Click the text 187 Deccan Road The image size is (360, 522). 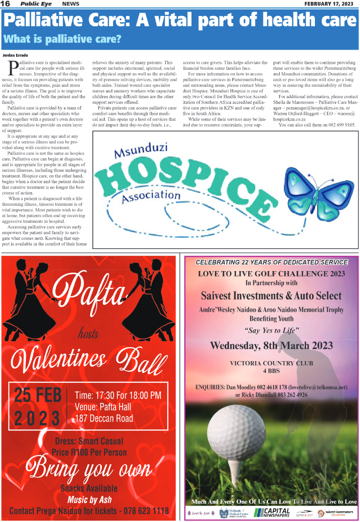pyautogui.click(x=104, y=418)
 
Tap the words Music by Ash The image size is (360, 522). pyautogui.click(x=89, y=499)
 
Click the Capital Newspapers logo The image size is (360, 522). pyautogui.click(x=273, y=513)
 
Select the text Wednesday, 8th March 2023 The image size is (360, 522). pyautogui.click(x=271, y=346)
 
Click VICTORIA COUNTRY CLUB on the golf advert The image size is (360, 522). pyautogui.click(x=271, y=363)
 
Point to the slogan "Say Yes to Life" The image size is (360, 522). pyautogui.click(x=271, y=331)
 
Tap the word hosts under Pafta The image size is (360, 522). pyautogui.click(x=88, y=333)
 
